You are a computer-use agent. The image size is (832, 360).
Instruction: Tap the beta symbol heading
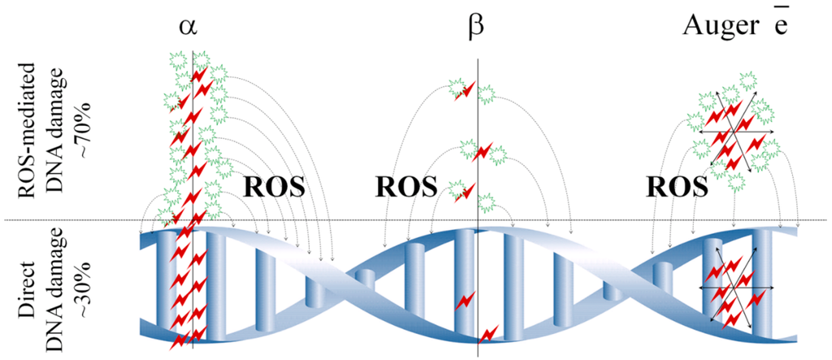coord(477,26)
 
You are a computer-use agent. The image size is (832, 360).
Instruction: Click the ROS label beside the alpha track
coord(274,188)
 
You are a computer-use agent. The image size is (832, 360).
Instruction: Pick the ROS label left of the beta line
coord(405,188)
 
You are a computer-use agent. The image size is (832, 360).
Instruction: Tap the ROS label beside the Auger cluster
coord(677,188)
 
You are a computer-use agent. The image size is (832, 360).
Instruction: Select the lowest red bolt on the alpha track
coord(181,340)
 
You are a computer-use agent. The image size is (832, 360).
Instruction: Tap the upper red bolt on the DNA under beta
coord(465,301)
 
